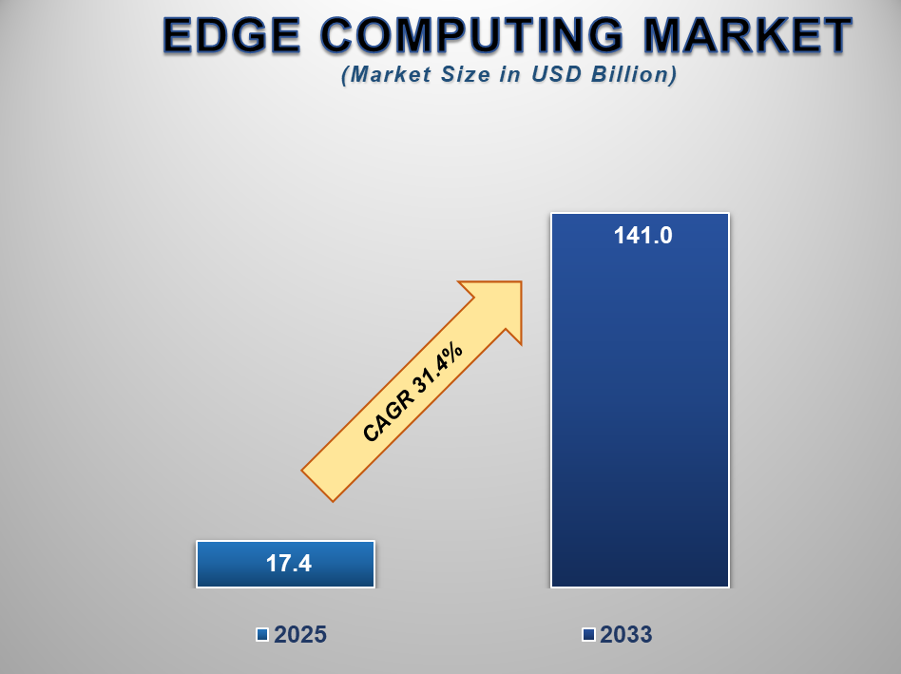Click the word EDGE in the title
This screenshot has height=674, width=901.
pos(232,35)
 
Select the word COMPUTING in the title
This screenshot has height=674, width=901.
pos(471,35)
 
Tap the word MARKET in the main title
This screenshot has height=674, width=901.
pos(748,35)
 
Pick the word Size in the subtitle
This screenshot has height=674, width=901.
pos(466,75)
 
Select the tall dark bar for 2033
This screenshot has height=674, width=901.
pos(641,400)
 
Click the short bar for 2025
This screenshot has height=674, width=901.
pos(285,565)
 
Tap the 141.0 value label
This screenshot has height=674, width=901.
pos(643,236)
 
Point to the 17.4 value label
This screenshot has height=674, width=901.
pos(289,564)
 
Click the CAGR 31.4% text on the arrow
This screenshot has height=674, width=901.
pos(412,393)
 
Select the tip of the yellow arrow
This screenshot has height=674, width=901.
pos(521,281)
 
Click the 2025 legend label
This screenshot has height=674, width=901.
pos(300,635)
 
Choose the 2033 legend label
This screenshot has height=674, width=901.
pos(625,635)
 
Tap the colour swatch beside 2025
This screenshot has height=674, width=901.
pos(262,635)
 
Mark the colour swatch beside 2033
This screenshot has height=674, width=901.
pos(588,635)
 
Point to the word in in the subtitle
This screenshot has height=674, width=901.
pos(510,75)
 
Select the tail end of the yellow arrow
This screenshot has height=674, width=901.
pos(317,486)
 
